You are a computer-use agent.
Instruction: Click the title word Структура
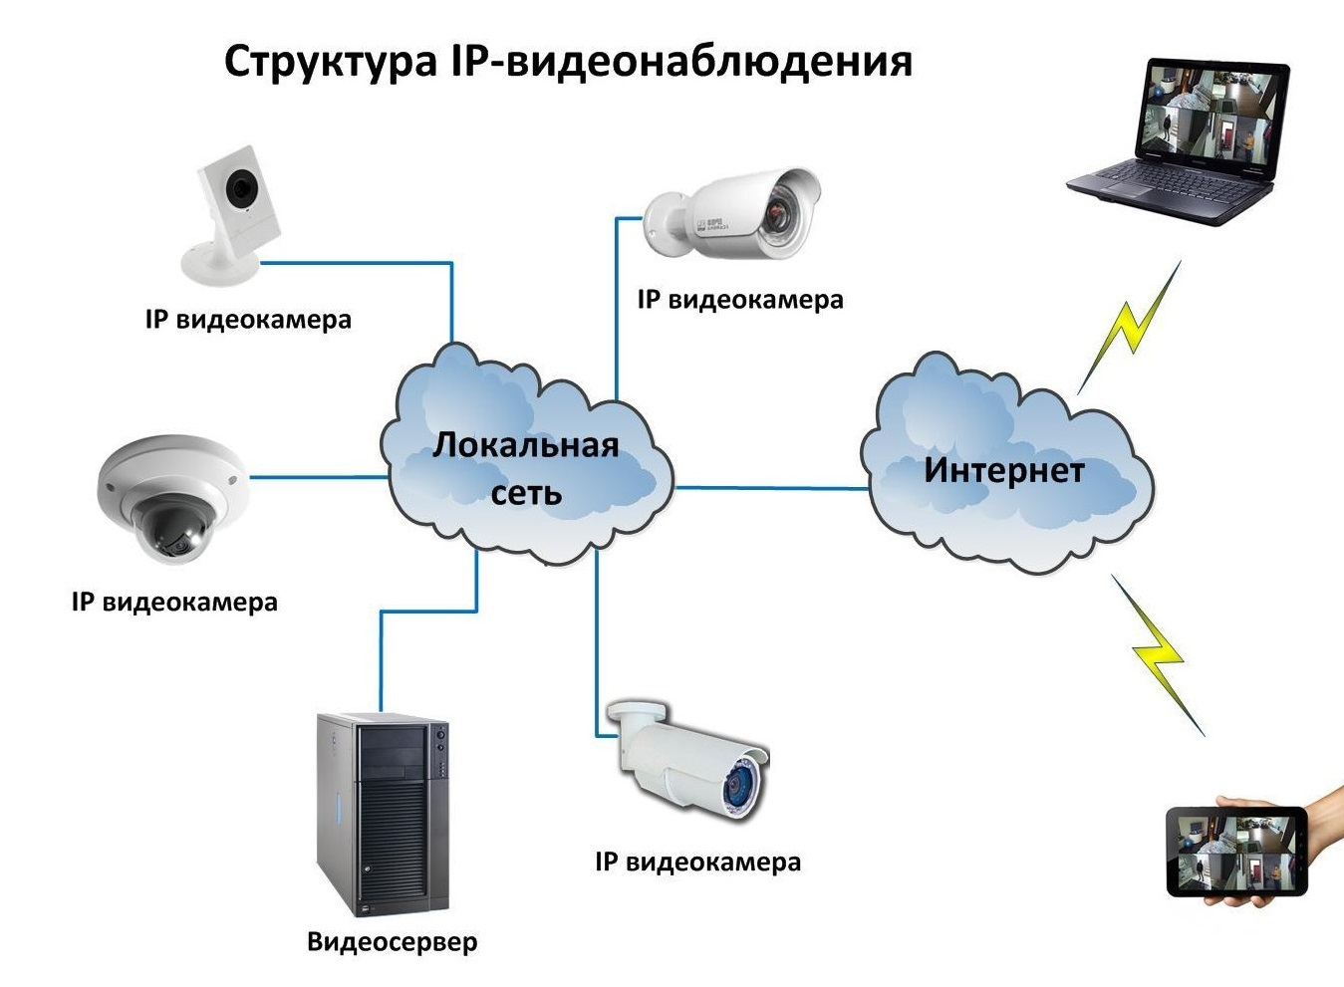pos(330,63)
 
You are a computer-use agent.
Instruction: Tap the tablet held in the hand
pos(1237,852)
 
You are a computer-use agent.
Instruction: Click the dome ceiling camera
pos(172,499)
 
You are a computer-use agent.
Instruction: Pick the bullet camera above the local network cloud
pos(732,213)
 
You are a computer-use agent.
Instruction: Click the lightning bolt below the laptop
pos(1129,328)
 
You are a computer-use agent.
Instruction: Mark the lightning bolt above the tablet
pos(1158,654)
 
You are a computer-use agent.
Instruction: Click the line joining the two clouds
pos(771,488)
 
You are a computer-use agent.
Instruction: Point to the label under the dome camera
pos(174,602)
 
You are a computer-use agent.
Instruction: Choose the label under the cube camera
pos(248,319)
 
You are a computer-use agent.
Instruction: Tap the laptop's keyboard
pos(1170,184)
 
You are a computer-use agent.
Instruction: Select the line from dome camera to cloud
pos(319,477)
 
